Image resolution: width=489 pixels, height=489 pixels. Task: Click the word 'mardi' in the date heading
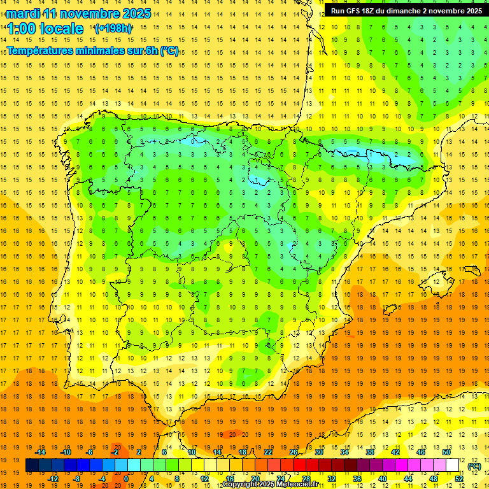point(22,13)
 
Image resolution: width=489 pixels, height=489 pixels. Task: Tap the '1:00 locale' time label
point(45,29)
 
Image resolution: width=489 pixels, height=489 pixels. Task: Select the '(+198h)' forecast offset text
point(113,28)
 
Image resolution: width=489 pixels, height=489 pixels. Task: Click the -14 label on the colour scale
point(41,452)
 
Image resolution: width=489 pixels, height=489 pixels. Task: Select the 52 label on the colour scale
point(458,479)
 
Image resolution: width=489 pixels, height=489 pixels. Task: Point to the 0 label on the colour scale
point(126,479)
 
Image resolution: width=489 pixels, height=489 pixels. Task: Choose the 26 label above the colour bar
point(294,452)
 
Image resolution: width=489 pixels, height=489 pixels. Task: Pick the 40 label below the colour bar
point(382,479)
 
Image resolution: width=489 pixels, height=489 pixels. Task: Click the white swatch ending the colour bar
point(453,465)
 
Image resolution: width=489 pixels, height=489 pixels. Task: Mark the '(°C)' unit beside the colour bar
point(474,465)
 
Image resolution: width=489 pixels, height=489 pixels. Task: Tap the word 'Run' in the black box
point(338,11)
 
